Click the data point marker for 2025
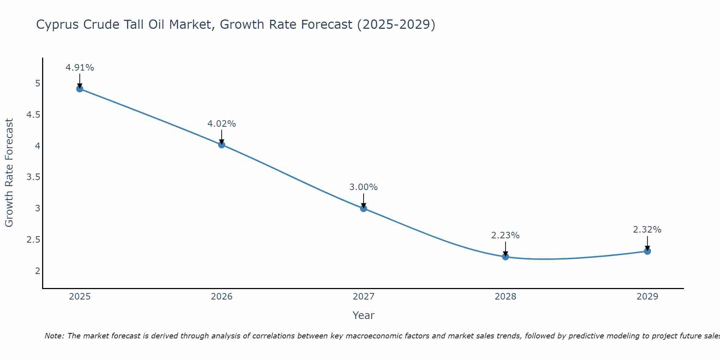click(80, 89)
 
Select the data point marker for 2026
click(222, 145)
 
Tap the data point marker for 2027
click(364, 208)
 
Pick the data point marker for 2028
click(505, 257)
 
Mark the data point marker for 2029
click(647, 251)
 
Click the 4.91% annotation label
click(80, 68)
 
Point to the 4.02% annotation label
click(222, 124)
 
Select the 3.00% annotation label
click(364, 187)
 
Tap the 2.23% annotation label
click(505, 235)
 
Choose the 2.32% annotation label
click(647, 230)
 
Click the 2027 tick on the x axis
click(364, 297)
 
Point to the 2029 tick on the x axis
click(647, 297)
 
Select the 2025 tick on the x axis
click(80, 297)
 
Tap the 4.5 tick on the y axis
click(33, 115)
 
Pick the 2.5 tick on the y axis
click(33, 239)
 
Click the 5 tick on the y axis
click(37, 84)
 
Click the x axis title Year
click(364, 315)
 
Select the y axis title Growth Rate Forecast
click(9, 173)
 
